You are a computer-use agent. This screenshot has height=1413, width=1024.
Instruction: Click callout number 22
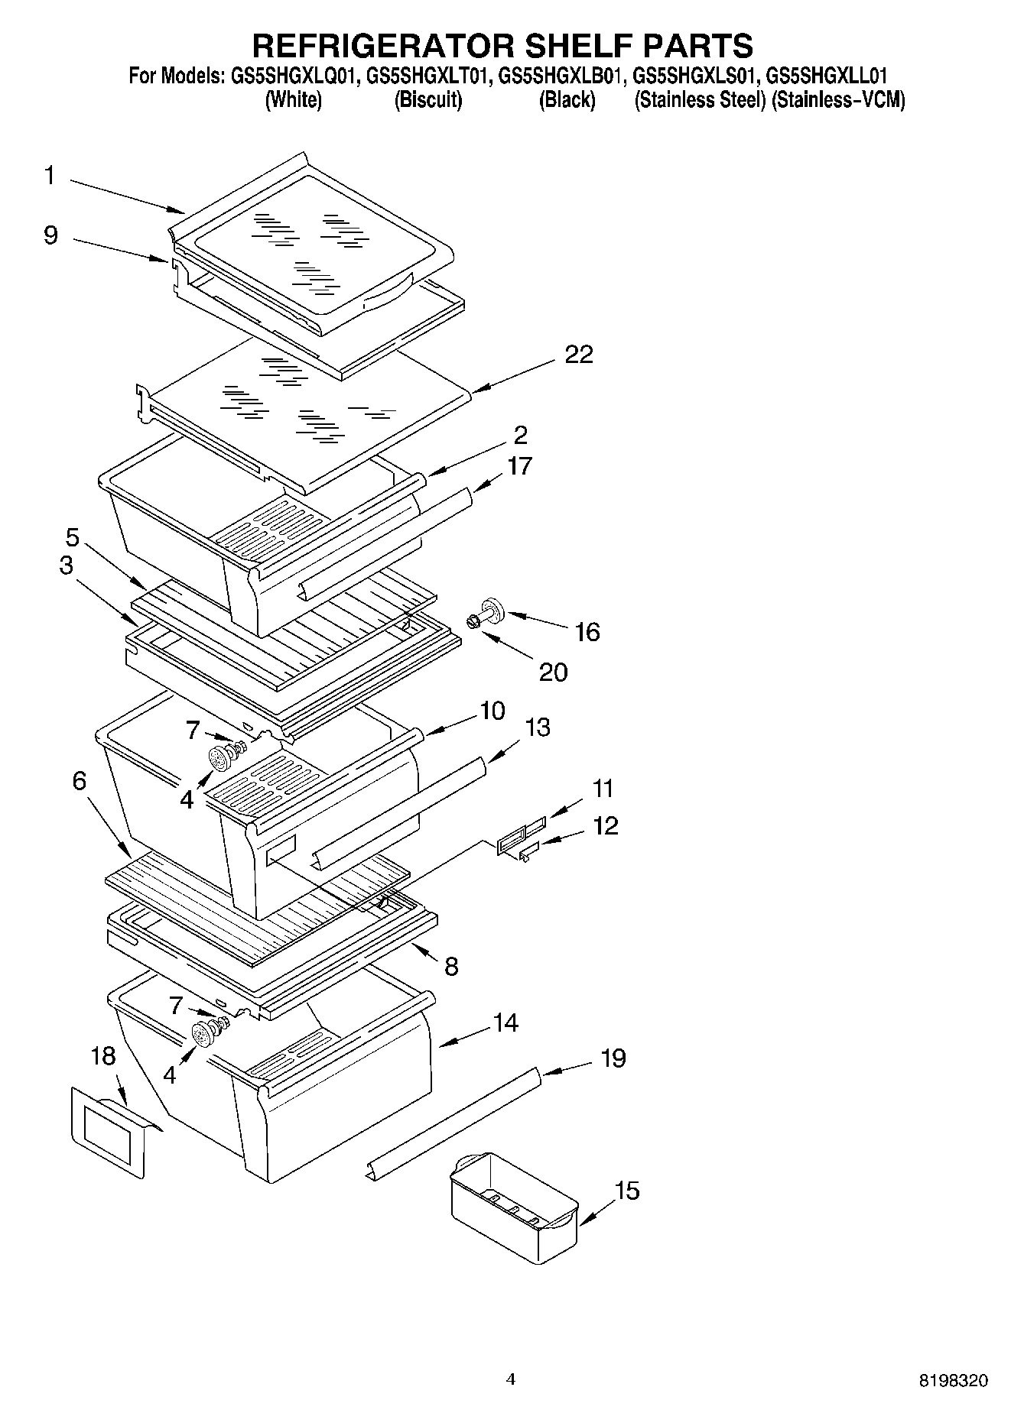(579, 355)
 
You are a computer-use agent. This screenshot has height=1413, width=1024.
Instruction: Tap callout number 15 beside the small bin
(627, 1191)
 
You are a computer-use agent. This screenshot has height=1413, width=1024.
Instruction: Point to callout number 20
(553, 672)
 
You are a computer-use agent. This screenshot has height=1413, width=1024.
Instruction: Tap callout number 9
(50, 235)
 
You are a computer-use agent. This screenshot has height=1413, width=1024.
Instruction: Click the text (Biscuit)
(427, 100)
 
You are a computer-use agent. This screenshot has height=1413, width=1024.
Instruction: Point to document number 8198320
(953, 1381)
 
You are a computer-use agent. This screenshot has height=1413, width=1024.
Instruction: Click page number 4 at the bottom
(511, 1379)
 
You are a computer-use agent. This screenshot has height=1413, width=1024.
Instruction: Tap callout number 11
(603, 788)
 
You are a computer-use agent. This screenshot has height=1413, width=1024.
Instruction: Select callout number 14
(505, 1022)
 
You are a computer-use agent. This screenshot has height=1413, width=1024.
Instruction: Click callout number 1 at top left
(50, 176)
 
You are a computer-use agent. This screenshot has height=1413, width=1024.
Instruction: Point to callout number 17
(519, 465)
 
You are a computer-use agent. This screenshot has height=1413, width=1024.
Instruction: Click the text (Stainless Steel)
(699, 100)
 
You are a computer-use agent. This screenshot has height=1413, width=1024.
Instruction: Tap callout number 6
(80, 781)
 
